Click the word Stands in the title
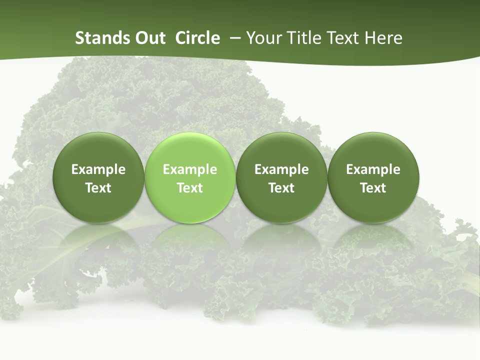(100, 38)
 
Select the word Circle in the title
(197, 38)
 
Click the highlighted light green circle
(189, 150)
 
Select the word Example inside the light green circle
(190, 169)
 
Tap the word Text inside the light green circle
(190, 188)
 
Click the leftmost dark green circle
(98, 150)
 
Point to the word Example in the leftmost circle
(98, 169)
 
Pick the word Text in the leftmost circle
(98, 188)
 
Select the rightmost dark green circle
(373, 150)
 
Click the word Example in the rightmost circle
(373, 169)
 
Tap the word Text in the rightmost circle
(373, 188)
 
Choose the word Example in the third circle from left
(281, 169)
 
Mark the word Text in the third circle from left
(281, 188)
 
